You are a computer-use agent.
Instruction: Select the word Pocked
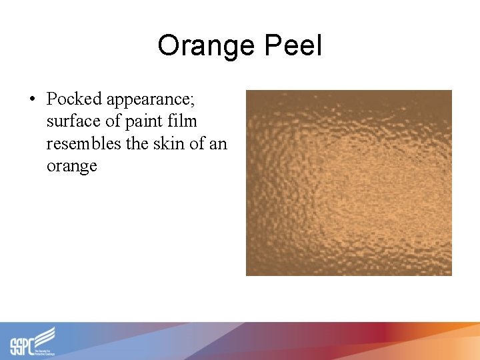click(75, 99)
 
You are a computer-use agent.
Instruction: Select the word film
click(182, 121)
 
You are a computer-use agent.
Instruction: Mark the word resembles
click(81, 143)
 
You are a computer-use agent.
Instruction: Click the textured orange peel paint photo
click(349, 183)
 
